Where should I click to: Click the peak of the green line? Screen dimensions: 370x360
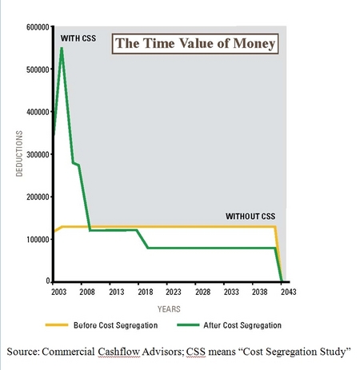point(62,48)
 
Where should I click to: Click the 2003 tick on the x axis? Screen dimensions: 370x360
point(58,292)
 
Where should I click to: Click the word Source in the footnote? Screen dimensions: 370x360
point(28,352)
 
